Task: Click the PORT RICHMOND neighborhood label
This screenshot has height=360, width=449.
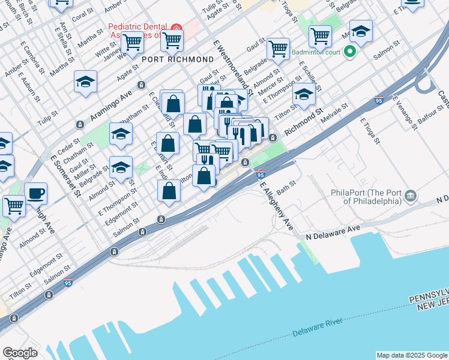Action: tap(178, 59)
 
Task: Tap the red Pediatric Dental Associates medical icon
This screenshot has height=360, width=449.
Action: tap(176, 29)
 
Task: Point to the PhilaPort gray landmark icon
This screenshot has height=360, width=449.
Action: tap(411, 196)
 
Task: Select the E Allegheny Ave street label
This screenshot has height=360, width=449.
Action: tap(276, 204)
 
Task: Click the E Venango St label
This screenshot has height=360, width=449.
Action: tap(405, 113)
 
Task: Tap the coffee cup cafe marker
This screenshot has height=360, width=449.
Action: tap(35, 193)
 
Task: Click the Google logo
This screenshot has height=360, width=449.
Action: tap(20, 353)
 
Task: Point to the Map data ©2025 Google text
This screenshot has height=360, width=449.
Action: tap(411, 355)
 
